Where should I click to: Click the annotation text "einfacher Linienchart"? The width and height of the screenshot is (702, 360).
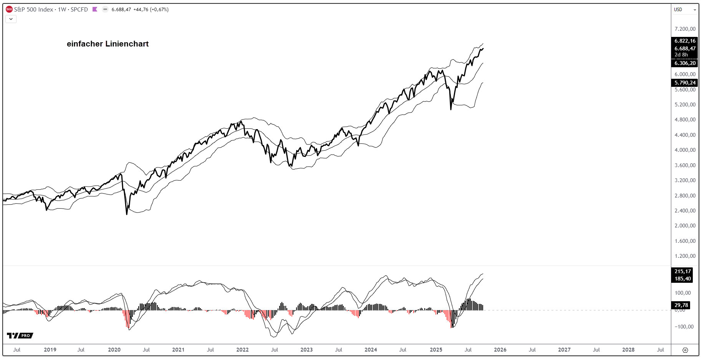coord(108,44)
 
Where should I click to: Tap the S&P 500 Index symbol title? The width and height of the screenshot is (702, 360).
coord(33,9)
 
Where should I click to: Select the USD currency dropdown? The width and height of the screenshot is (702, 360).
coord(685,10)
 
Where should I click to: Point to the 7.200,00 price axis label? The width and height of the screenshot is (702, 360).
coord(685,29)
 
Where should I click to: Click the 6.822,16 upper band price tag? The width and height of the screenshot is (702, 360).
coord(685,41)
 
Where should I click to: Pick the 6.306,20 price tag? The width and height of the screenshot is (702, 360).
coord(685,63)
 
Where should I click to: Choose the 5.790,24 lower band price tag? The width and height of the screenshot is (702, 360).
coord(685,83)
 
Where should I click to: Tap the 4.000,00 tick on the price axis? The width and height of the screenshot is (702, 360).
coord(685,150)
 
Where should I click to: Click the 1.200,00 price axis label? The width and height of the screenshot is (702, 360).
coord(685,256)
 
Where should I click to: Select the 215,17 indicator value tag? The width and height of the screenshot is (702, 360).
coord(682,271)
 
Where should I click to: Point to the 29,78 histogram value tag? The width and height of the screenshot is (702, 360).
coord(682,305)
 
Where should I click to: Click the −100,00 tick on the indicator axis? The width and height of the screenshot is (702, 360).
coord(684,327)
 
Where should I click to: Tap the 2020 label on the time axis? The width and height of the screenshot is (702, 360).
coord(114,350)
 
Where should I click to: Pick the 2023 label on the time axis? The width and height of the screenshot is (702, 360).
coord(306,350)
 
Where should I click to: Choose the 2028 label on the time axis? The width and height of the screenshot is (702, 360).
coord(628,350)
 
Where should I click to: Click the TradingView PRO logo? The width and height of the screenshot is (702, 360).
coord(20,335)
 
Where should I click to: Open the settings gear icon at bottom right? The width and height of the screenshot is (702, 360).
coord(685,350)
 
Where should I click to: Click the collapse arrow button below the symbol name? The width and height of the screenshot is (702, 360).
coord(11,19)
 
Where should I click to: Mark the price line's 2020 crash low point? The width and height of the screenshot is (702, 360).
coord(127,214)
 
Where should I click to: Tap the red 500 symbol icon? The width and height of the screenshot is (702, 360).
coord(9,9)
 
